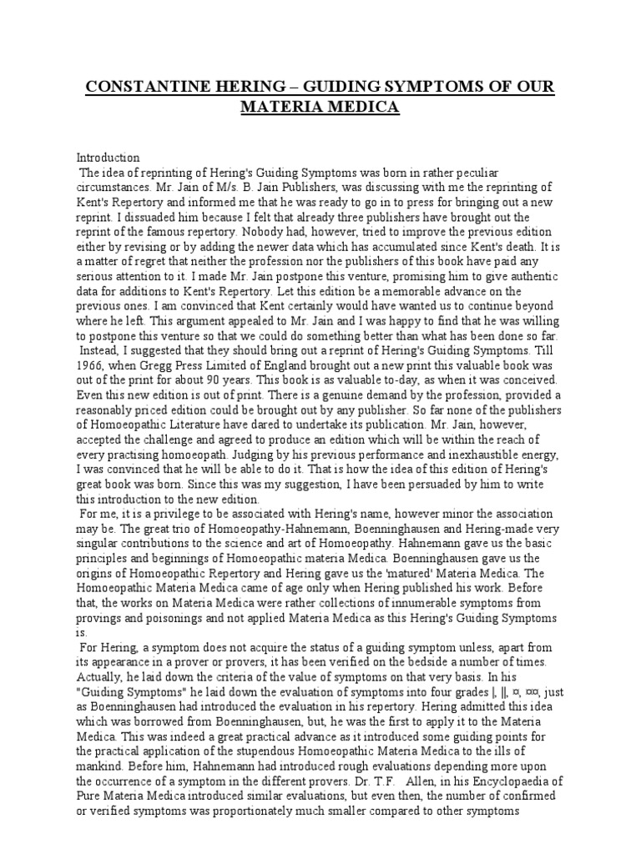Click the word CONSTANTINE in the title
(144, 88)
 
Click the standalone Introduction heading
(109, 157)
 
